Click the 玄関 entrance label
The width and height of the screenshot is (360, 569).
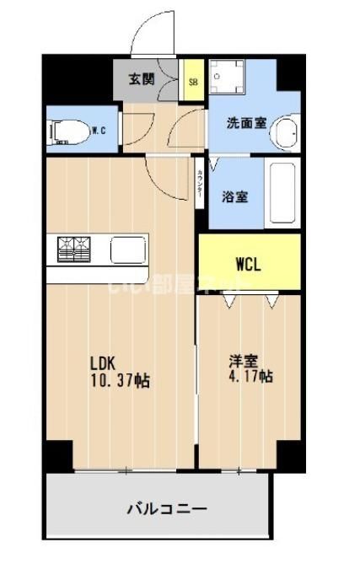click(142, 79)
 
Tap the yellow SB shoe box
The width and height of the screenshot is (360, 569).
click(193, 82)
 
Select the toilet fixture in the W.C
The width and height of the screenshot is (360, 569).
click(67, 132)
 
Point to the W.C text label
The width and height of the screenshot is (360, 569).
click(98, 130)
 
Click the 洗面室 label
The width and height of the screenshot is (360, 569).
click(246, 122)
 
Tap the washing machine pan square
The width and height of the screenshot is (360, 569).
click(225, 81)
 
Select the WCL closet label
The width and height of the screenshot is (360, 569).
click(248, 263)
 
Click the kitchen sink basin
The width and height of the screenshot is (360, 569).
click(129, 250)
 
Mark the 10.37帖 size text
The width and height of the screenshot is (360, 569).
click(121, 381)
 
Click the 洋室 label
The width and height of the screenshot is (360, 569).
click(243, 361)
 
